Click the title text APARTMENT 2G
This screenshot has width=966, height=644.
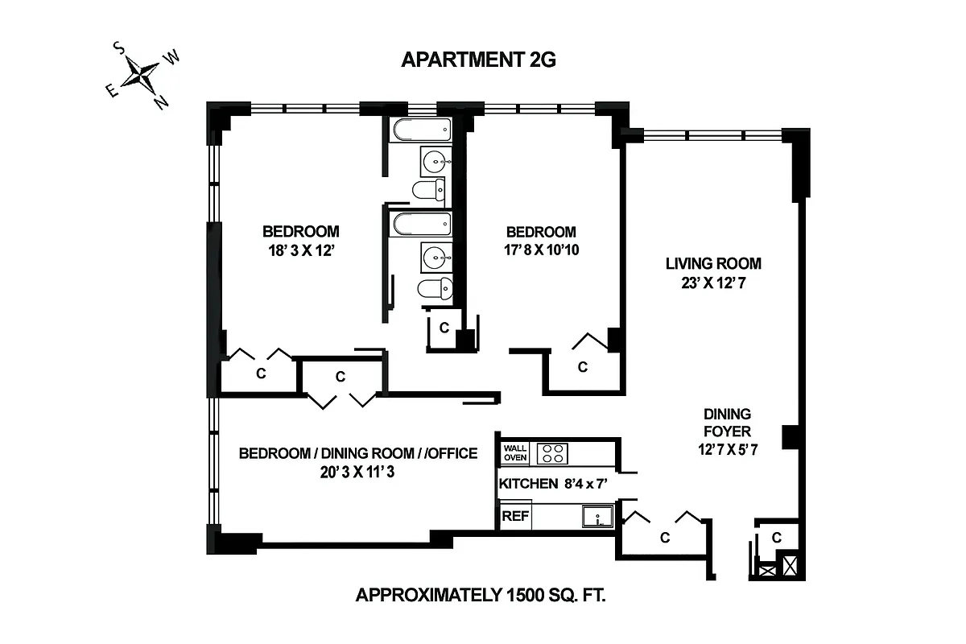[478, 60]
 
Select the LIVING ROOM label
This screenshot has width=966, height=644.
[713, 263]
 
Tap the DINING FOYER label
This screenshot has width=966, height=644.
[727, 423]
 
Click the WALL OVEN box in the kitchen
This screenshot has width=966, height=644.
[515, 453]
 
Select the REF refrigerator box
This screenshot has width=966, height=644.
[515, 516]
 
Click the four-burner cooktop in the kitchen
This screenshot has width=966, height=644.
[551, 453]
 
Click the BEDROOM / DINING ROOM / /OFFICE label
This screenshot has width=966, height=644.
[358, 454]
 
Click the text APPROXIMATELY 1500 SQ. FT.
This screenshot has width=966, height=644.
[480, 597]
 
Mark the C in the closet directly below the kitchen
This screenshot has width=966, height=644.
[665, 537]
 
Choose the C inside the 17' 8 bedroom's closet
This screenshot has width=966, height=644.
[583, 367]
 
